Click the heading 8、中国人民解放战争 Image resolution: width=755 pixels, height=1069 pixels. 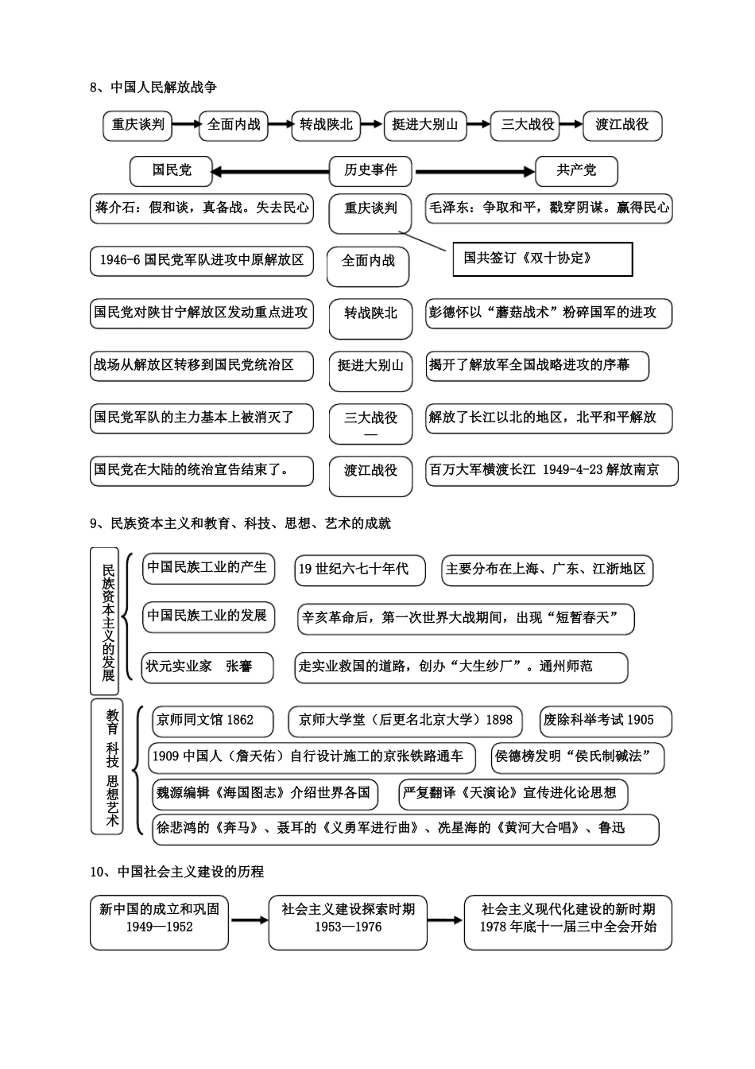click(153, 87)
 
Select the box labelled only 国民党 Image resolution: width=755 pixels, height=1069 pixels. click(172, 170)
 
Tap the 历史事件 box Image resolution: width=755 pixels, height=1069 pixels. click(370, 170)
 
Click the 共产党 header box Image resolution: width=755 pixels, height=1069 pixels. click(576, 170)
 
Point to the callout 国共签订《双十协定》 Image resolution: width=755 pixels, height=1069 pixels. click(542, 259)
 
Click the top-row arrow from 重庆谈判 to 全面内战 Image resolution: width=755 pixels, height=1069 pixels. click(186, 124)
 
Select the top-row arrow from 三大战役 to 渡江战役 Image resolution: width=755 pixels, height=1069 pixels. click(570, 124)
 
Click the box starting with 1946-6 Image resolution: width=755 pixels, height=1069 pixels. click(201, 260)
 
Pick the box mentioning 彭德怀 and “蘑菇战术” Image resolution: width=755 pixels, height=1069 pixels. click(548, 313)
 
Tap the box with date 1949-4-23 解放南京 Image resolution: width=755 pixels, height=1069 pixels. click(552, 471)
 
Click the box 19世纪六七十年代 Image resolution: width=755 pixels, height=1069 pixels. click(359, 569)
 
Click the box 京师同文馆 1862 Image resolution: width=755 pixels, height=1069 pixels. click(212, 721)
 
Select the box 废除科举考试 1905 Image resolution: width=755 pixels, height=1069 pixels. click(605, 721)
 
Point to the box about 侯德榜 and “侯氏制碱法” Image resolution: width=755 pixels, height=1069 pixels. click(577, 757)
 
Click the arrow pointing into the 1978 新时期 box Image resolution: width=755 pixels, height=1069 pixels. click(446, 920)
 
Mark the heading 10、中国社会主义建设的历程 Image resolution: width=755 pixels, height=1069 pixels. click(177, 872)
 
